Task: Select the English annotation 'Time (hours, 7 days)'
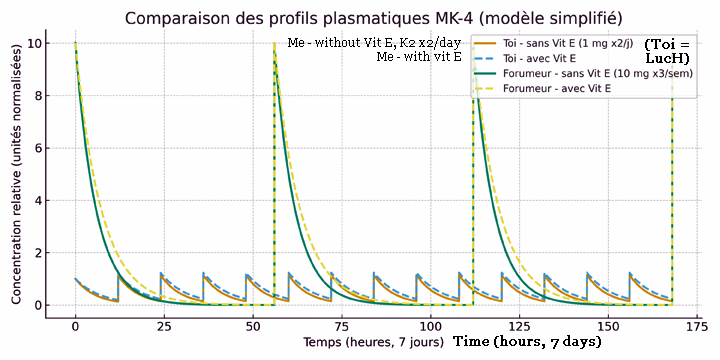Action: pos(527,342)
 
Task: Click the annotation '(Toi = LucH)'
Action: pos(667,52)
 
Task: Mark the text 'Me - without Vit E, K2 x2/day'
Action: pos(375,44)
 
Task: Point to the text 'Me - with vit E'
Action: pos(418,58)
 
